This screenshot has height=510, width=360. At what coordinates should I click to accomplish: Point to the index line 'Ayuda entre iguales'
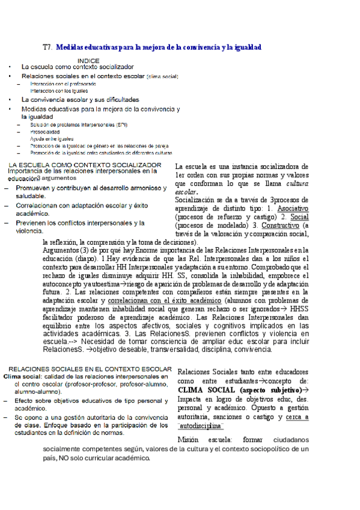pyautogui.click(x=51, y=138)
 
